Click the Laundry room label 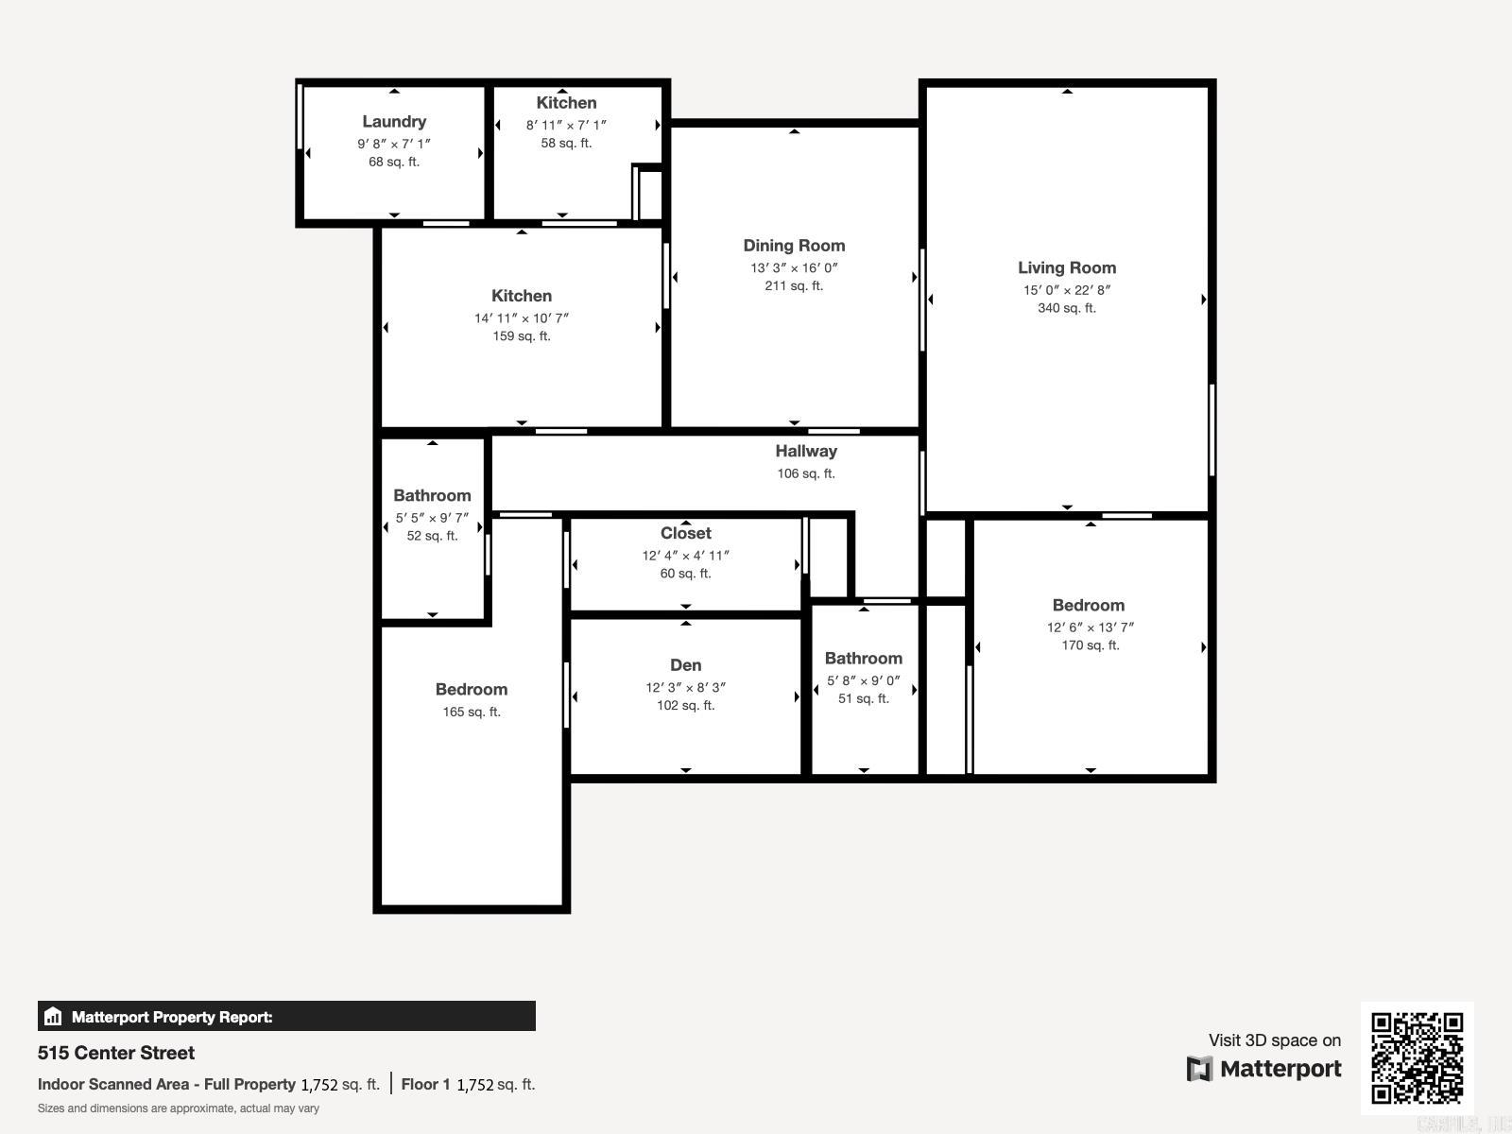tap(394, 122)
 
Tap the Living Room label tap(1067, 268)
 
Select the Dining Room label tap(794, 246)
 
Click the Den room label tap(685, 665)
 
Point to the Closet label tap(685, 533)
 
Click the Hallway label tap(806, 452)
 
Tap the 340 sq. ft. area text tap(1067, 308)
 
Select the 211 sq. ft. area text tap(794, 285)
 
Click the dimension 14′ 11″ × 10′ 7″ tap(522, 318)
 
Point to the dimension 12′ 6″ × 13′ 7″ tap(1090, 627)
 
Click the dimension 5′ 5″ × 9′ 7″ tap(432, 518)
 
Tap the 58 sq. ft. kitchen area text tap(566, 144)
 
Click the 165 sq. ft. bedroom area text tap(472, 713)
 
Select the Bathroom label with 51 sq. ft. tap(863, 659)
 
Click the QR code tap(1417, 1057)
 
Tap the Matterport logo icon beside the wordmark tap(1199, 1069)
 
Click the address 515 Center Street tap(116, 1053)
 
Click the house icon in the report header tap(53, 1017)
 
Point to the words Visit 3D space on tap(1274, 1040)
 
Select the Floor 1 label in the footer tap(425, 1084)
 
